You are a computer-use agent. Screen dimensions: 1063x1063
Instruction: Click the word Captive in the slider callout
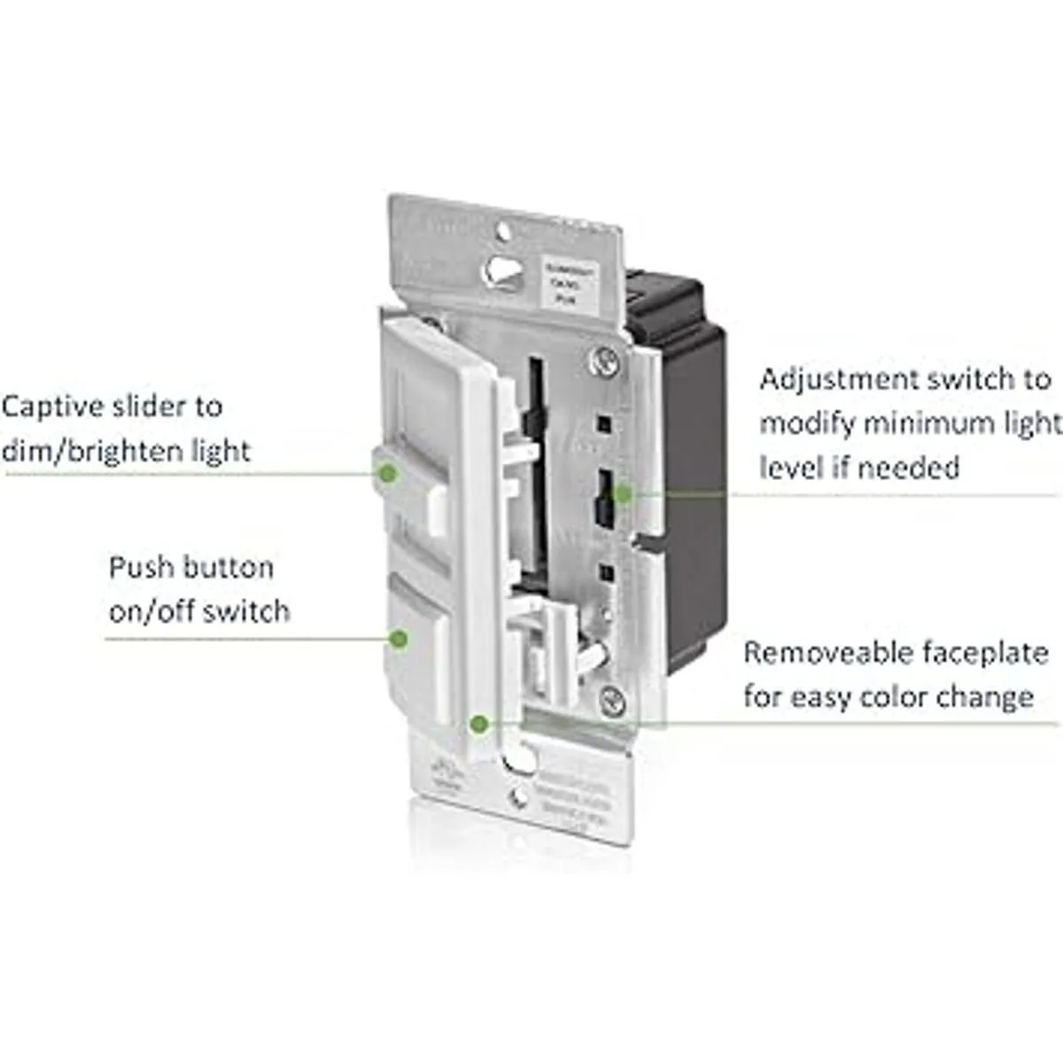point(50,407)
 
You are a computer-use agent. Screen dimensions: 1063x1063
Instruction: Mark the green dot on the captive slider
point(386,474)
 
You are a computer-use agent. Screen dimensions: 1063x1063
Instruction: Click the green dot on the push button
point(400,638)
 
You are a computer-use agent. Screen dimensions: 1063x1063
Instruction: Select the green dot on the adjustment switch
point(623,493)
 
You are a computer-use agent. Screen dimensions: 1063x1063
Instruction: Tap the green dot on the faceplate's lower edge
point(479,724)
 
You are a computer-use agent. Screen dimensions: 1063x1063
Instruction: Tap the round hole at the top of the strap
point(503,232)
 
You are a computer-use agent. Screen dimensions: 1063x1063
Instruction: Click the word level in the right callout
point(790,468)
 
